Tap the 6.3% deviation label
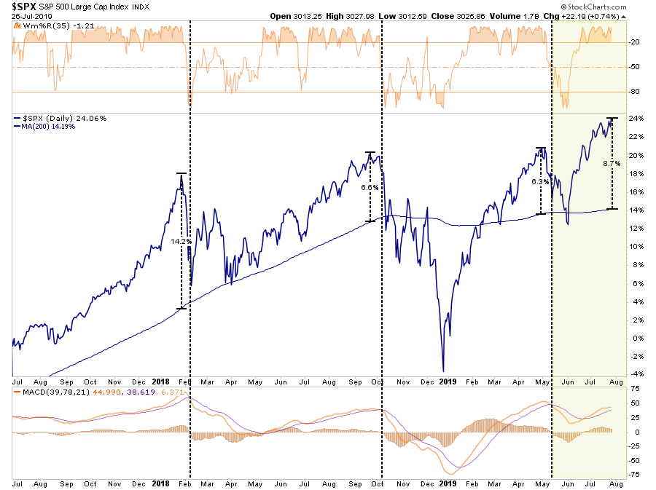[x=539, y=182]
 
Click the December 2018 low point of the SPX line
[x=443, y=371]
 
